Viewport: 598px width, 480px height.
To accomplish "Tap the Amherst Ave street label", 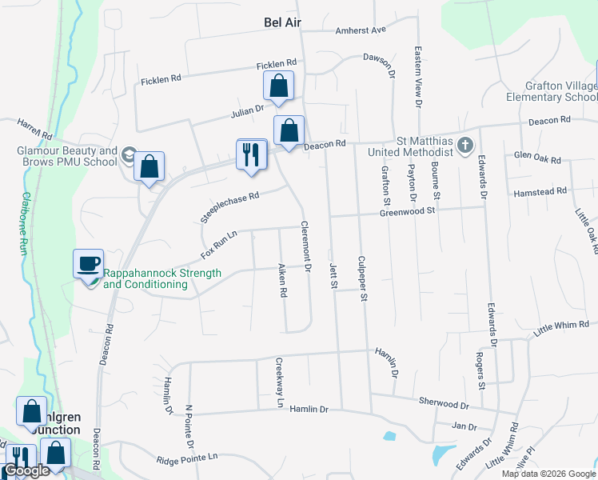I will (361, 30).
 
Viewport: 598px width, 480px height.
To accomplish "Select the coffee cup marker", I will (88, 263).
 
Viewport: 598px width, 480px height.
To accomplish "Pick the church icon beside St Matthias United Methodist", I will (467, 145).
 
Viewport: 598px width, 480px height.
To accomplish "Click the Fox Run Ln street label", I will (219, 244).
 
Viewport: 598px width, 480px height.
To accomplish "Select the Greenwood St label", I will (407, 211).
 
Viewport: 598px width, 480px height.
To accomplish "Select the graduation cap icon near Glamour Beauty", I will (128, 154).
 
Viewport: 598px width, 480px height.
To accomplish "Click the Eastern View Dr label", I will (417, 77).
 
